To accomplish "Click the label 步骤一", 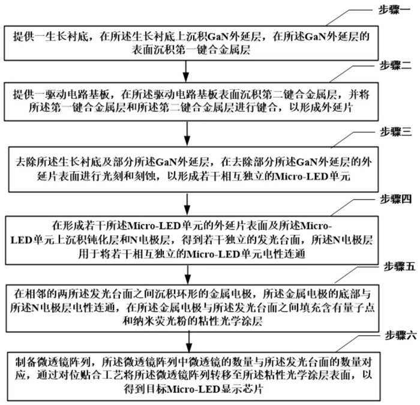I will (x=394, y=10).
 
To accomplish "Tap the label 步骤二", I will (x=394, y=65).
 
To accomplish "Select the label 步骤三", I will (x=394, y=131).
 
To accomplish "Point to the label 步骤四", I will (x=394, y=198).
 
